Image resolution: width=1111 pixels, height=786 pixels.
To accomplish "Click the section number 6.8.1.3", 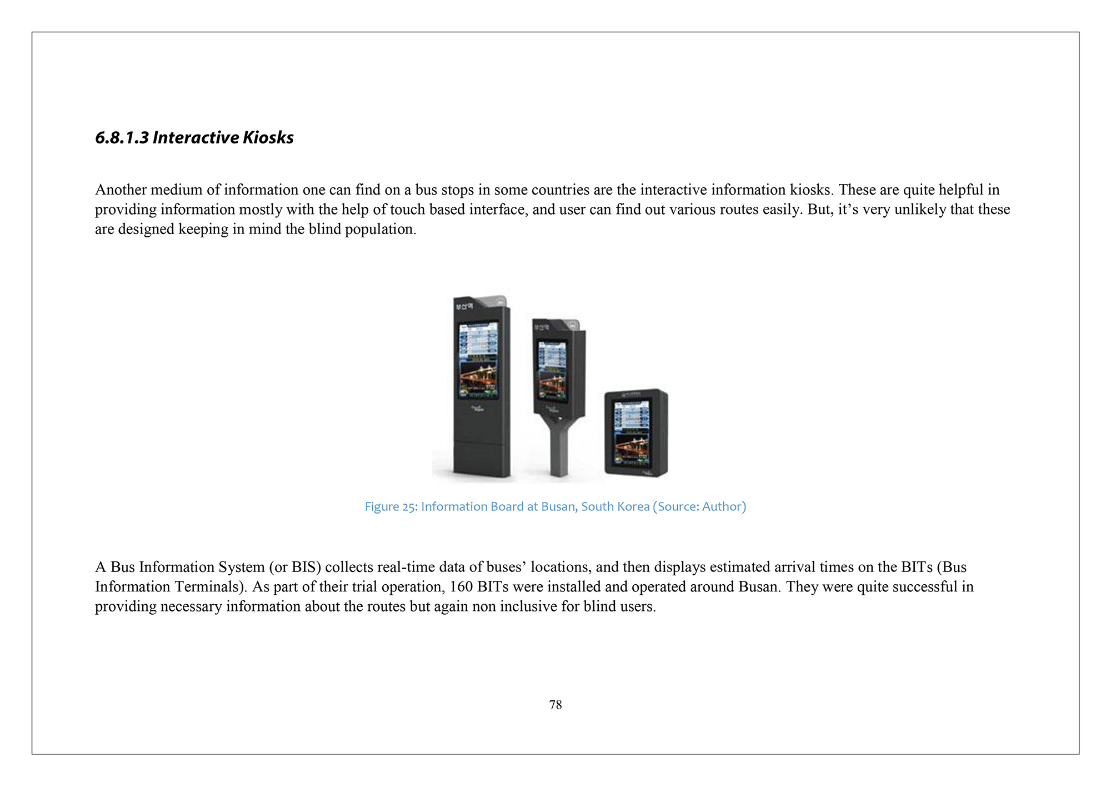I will pyautogui.click(x=122, y=137).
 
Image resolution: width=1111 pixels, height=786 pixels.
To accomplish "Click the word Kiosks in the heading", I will pyautogui.click(x=268, y=137).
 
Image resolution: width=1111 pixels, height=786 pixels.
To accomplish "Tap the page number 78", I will pyautogui.click(x=555, y=705).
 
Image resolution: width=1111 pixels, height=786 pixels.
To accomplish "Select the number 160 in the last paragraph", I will pyautogui.click(x=461, y=587).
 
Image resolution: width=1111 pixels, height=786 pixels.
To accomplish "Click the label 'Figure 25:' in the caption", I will pyautogui.click(x=391, y=506).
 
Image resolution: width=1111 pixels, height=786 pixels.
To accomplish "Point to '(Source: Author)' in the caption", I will pyautogui.click(x=699, y=506).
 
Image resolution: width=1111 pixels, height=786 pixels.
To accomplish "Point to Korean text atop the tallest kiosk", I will pyautogui.click(x=464, y=306).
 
